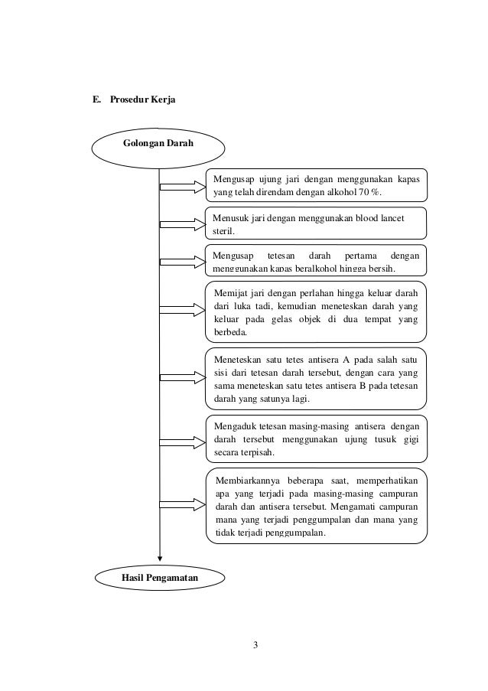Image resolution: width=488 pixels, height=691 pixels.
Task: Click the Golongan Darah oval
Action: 158,144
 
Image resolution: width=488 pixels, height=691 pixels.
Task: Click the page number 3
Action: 256,644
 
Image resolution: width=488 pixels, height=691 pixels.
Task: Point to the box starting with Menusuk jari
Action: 317,223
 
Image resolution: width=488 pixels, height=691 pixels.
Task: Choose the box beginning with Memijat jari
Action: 317,312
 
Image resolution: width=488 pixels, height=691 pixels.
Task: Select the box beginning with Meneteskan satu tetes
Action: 317,378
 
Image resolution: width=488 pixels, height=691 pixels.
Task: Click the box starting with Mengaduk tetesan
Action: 317,439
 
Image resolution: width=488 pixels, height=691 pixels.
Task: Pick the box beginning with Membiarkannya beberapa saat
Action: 317,506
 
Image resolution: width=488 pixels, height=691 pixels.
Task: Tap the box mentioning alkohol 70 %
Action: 317,184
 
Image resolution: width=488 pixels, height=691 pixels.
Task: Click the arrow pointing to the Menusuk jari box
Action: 184,223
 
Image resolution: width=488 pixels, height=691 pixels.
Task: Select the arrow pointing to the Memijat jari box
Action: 184,312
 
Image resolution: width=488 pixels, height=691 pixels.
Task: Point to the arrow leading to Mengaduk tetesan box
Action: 184,440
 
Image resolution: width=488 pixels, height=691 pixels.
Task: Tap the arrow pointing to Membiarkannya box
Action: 184,506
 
